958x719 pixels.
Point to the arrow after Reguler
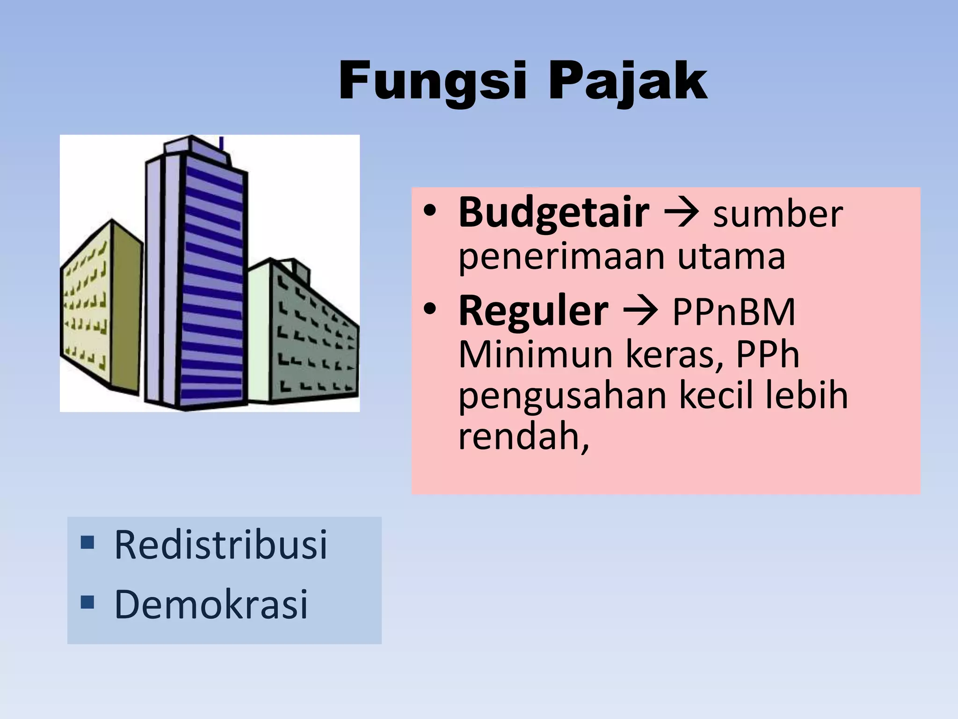coord(640,312)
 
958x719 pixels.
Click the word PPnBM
coord(733,312)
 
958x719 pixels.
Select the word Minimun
coord(536,354)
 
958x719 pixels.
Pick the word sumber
coord(777,214)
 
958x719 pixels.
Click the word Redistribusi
coord(221,545)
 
